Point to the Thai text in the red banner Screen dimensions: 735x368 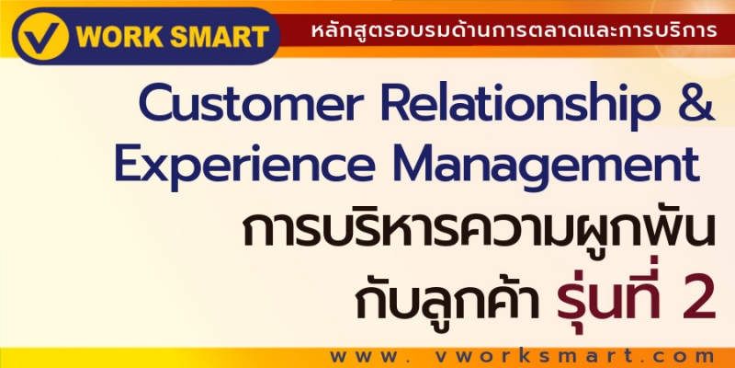[514, 30]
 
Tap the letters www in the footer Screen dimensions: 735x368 [369, 357]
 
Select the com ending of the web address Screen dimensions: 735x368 [684, 357]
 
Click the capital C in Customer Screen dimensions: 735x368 [156, 103]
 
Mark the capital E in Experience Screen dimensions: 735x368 [129, 164]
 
